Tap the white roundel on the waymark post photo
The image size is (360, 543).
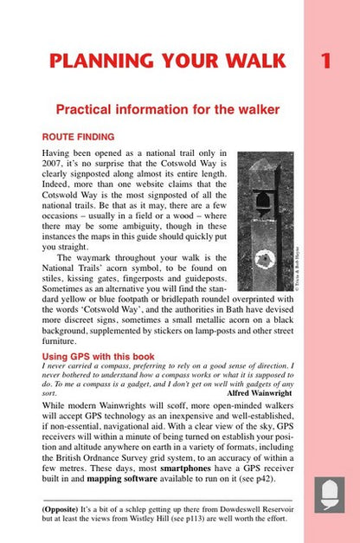[265, 258]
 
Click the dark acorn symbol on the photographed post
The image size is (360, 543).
[261, 203]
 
